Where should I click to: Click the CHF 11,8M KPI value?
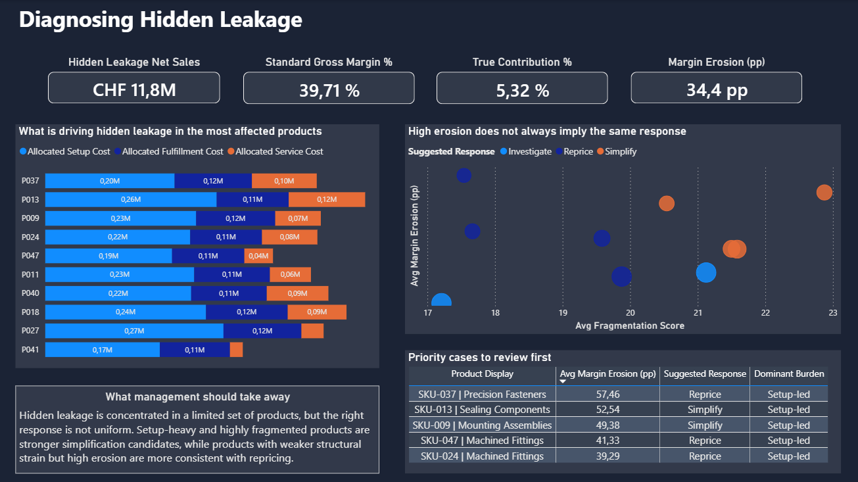134,89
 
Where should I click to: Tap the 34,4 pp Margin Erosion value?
716,89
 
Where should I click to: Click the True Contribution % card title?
522,62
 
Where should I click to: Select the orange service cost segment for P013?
326,199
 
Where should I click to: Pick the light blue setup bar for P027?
134,331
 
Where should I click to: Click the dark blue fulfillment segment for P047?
207,256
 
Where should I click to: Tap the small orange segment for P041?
236,350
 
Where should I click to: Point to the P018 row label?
30,312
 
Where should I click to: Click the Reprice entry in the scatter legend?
577,151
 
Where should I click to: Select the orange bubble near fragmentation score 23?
824,192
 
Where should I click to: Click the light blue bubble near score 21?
705,272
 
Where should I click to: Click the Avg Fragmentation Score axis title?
629,325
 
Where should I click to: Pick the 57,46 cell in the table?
607,395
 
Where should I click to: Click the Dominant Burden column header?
788,374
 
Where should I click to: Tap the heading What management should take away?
197,397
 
